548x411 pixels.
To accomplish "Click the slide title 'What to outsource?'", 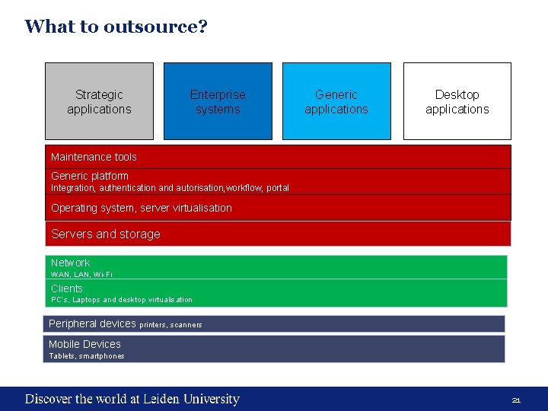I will (x=116, y=27).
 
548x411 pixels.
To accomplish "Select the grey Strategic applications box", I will (x=99, y=101).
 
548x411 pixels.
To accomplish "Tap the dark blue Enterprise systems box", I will (x=218, y=101).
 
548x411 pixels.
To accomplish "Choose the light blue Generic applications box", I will (x=336, y=101).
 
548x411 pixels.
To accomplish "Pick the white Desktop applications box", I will (x=457, y=101).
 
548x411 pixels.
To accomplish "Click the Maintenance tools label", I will (x=94, y=157).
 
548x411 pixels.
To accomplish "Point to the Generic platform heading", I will (x=90, y=176).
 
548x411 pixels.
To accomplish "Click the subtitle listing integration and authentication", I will (x=170, y=187).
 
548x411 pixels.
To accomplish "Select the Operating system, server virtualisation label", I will (x=142, y=208).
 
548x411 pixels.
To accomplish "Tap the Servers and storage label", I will (x=106, y=234).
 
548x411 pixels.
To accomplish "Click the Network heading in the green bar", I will (x=70, y=263).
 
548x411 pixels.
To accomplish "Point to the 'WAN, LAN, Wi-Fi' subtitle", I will (x=81, y=274).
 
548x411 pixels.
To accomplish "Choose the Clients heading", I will (x=67, y=288).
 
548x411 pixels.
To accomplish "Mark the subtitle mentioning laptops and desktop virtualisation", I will (x=122, y=300).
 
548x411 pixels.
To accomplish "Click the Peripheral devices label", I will (x=92, y=323).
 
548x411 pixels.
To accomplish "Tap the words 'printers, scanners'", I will (x=171, y=325).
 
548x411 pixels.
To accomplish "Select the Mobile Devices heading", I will (x=84, y=344).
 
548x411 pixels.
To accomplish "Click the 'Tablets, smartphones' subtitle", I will (x=87, y=356).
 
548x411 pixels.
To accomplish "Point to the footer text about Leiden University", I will (x=132, y=399).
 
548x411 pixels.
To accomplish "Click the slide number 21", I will (x=515, y=400).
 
